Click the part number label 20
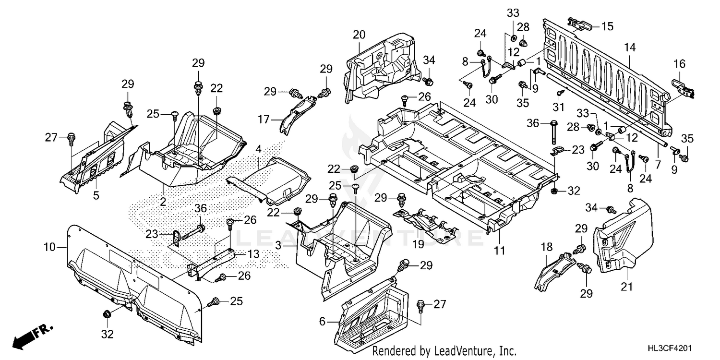pyautogui.click(x=359, y=35)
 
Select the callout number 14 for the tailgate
pyautogui.click(x=629, y=47)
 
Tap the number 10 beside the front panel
pyautogui.click(x=49, y=248)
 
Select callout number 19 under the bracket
pyautogui.click(x=418, y=244)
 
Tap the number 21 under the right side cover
pyautogui.click(x=627, y=287)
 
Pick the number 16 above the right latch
pyautogui.click(x=679, y=64)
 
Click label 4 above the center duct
pyautogui.click(x=258, y=149)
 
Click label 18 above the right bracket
pyautogui.click(x=545, y=247)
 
